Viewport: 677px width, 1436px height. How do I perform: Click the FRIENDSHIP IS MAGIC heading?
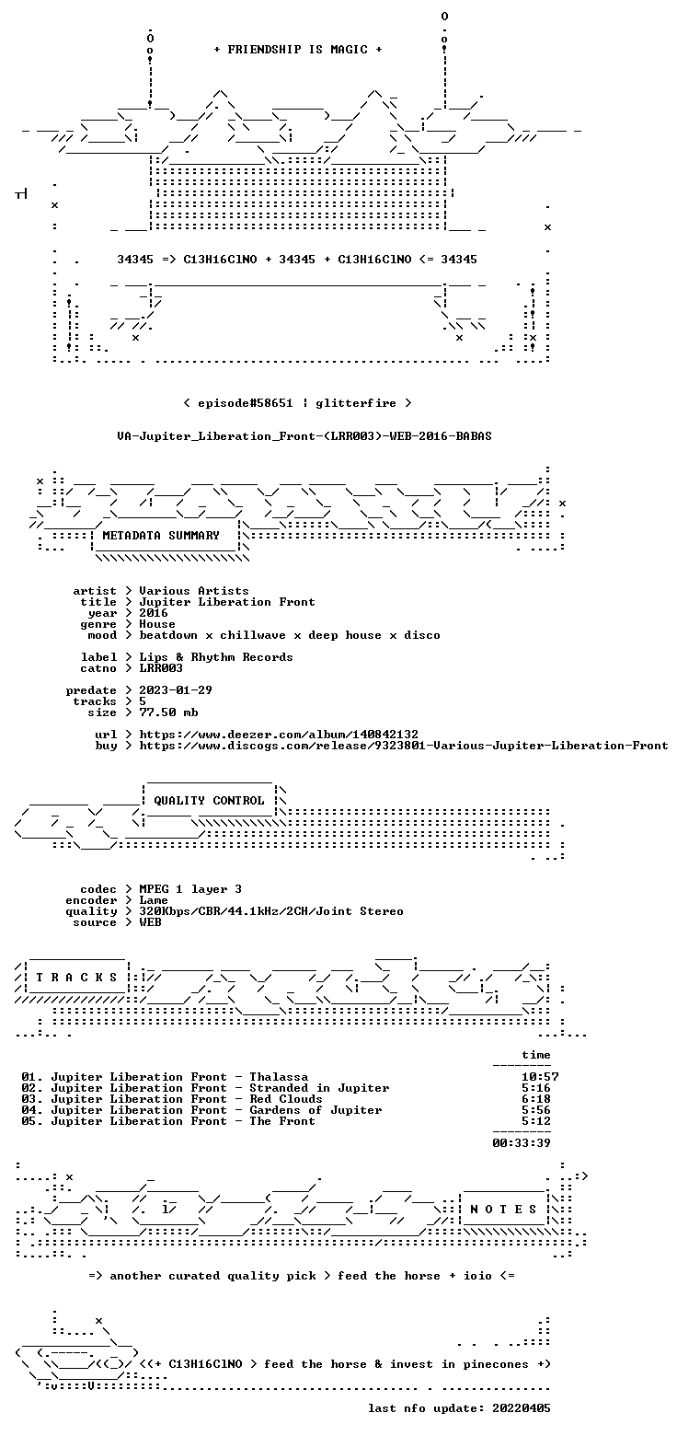[x=298, y=50]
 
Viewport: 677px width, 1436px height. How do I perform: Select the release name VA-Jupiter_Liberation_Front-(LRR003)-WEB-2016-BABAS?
[x=304, y=436]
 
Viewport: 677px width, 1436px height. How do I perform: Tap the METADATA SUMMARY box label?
[x=161, y=536]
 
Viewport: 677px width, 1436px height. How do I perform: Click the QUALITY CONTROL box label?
[x=209, y=800]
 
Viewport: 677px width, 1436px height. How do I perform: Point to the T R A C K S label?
[x=77, y=977]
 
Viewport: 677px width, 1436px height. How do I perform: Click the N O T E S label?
[x=503, y=1209]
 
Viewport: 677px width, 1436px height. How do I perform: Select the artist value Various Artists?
[x=194, y=590]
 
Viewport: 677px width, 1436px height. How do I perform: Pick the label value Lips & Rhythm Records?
[x=216, y=657]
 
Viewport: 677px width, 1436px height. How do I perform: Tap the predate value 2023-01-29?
[x=176, y=689]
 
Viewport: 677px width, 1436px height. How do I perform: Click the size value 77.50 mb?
[x=168, y=712]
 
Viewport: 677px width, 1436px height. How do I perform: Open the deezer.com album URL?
[x=279, y=734]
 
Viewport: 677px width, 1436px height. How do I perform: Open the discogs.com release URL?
[x=404, y=745]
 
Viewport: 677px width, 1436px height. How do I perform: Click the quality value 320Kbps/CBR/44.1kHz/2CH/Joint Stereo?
[x=271, y=911]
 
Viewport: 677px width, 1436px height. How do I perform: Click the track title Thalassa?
[x=279, y=1077]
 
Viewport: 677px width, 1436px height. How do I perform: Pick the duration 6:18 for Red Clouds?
[x=536, y=1099]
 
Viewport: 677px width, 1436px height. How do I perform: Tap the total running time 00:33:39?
[x=522, y=1142]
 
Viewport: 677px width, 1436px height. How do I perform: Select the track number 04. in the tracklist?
[x=32, y=1110]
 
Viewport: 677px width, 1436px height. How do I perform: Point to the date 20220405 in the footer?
[x=522, y=1407]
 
